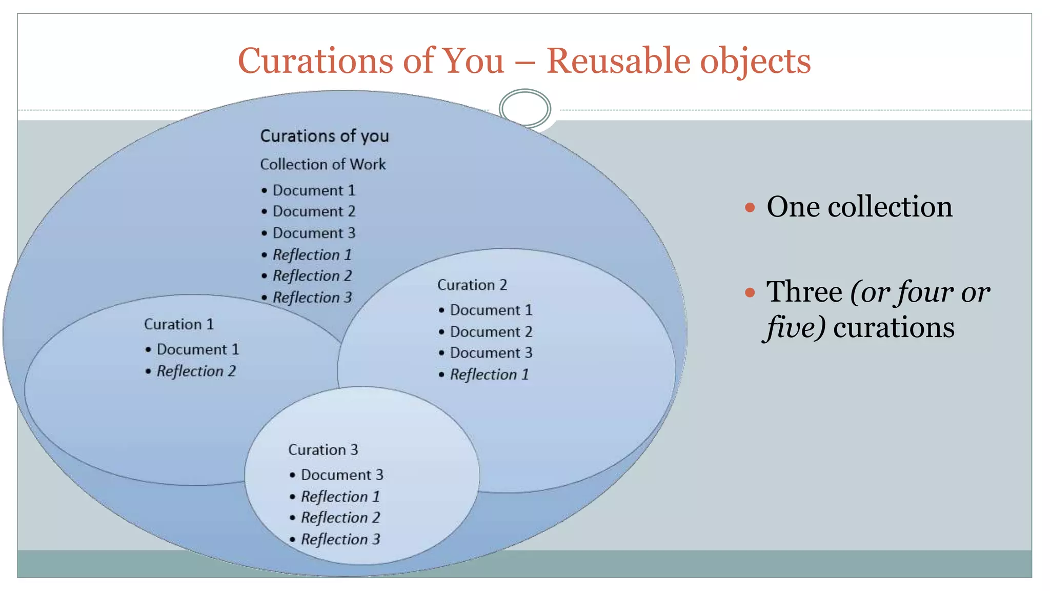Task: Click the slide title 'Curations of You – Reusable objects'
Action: (524, 61)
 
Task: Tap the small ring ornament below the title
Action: (524, 108)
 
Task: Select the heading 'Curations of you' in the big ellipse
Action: (325, 136)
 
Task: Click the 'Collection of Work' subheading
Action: (322, 164)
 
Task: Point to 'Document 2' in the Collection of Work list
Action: (314, 211)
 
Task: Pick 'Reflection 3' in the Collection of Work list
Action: (312, 298)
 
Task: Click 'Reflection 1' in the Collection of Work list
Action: (312, 254)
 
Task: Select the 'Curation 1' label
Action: (178, 324)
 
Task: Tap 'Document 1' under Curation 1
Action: (198, 349)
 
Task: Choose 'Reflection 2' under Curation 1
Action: (196, 371)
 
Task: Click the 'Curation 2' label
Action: (472, 285)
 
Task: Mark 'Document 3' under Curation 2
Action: (491, 353)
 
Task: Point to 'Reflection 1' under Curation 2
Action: (489, 375)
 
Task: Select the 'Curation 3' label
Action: (323, 450)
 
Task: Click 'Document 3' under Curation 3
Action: (342, 475)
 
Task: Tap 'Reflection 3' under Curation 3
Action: (340, 539)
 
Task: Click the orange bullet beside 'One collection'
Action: (750, 207)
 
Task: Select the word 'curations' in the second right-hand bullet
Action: (894, 327)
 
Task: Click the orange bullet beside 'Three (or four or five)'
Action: (750, 292)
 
